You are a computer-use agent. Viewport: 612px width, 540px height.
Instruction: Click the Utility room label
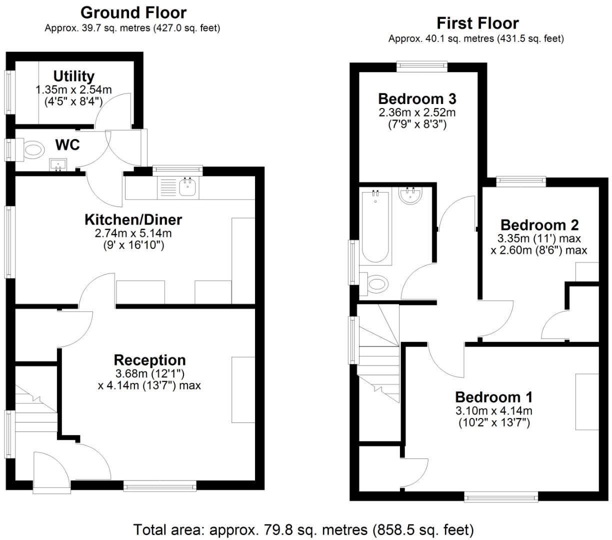point(74,76)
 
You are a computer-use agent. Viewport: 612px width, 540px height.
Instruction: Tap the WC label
point(67,145)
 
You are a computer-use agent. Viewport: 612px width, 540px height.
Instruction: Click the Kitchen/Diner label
point(133,219)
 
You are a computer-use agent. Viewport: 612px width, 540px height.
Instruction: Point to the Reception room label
point(149,360)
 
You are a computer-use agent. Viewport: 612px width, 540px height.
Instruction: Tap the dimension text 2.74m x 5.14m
point(133,233)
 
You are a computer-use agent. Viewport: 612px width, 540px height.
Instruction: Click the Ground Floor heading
point(133,12)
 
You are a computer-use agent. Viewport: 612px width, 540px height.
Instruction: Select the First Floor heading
point(477,23)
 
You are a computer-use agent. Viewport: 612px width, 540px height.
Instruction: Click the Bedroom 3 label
point(417,98)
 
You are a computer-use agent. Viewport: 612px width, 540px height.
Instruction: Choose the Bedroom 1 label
point(493,397)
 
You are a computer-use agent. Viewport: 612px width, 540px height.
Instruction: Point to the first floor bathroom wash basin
point(411,195)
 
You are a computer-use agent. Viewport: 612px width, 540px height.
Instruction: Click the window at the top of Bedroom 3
point(421,63)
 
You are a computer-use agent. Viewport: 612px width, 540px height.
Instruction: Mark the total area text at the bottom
point(303,529)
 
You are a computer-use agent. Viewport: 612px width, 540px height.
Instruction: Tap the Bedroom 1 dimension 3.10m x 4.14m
point(493,411)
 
